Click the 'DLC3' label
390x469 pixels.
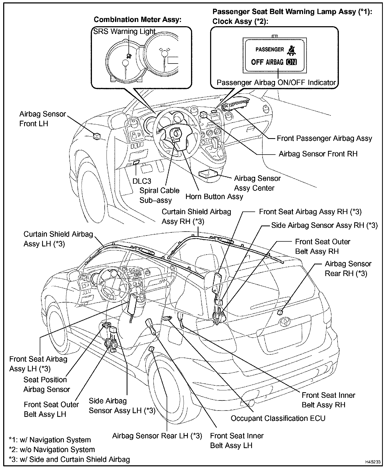pos(142,181)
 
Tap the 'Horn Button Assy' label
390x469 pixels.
pos(214,196)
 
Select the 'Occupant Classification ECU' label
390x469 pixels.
pos(278,418)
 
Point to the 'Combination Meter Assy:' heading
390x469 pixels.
pos(138,20)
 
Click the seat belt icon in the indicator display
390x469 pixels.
pos(292,50)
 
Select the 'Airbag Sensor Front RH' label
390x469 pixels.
pos(318,154)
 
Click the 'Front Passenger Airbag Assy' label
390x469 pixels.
pos(324,138)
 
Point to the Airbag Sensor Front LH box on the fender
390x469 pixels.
pos(97,136)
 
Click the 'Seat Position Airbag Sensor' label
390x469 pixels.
pos(47,385)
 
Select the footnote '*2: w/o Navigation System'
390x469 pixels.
pos(52,449)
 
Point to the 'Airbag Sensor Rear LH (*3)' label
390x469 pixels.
pos(157,436)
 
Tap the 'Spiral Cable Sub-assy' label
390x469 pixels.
pos(159,195)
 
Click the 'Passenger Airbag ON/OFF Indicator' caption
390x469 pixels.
pos(276,83)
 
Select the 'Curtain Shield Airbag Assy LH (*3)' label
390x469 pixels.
pos(58,239)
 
